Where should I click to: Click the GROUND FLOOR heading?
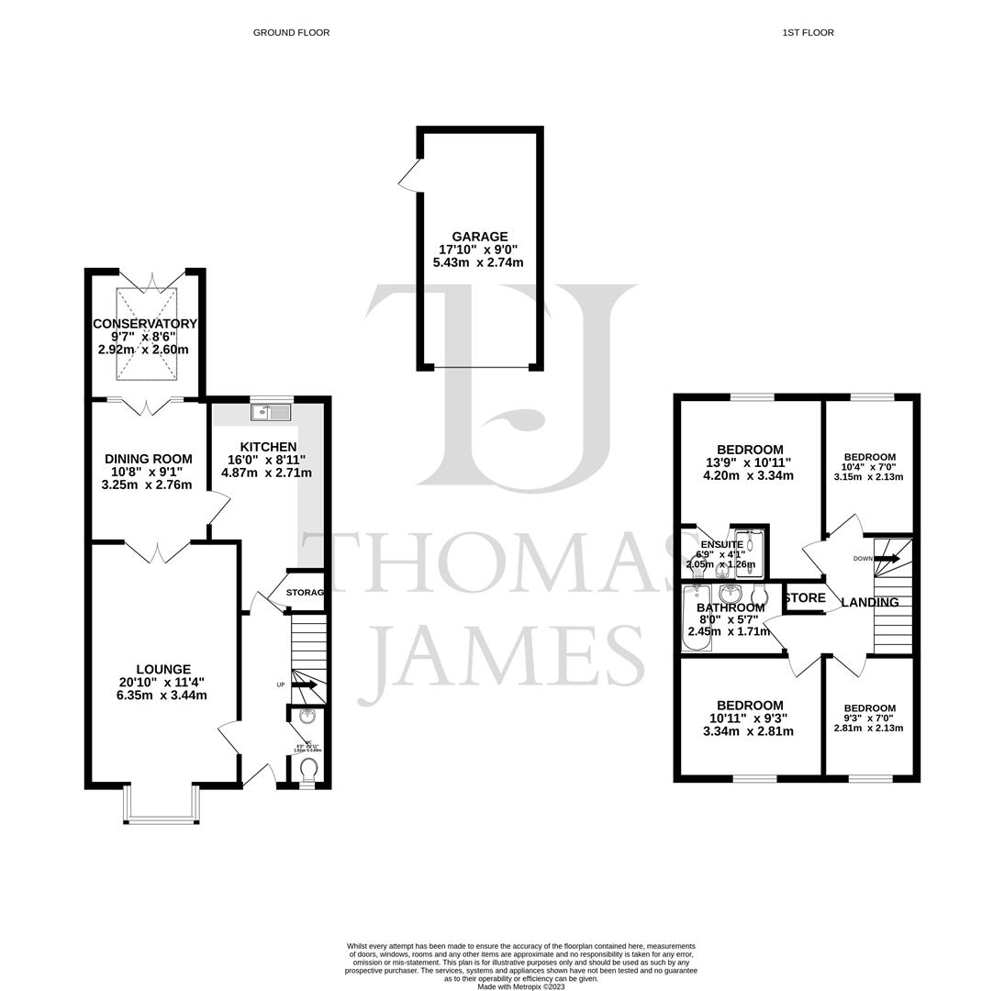tap(291, 32)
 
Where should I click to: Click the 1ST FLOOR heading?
tap(808, 32)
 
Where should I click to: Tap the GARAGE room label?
tap(479, 237)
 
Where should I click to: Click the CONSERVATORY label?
tap(145, 324)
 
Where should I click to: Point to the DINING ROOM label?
tap(148, 459)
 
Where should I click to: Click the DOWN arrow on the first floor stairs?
tap(887, 558)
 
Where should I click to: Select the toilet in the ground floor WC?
tap(309, 767)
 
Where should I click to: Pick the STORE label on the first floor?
tap(805, 597)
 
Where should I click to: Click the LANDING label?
tap(869, 602)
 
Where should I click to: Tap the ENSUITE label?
tap(721, 544)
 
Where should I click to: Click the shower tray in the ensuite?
tap(750, 554)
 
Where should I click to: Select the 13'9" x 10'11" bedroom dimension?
tap(748, 462)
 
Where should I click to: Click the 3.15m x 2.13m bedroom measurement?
tap(868, 477)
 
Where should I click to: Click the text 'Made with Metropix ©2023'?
tap(520, 986)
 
